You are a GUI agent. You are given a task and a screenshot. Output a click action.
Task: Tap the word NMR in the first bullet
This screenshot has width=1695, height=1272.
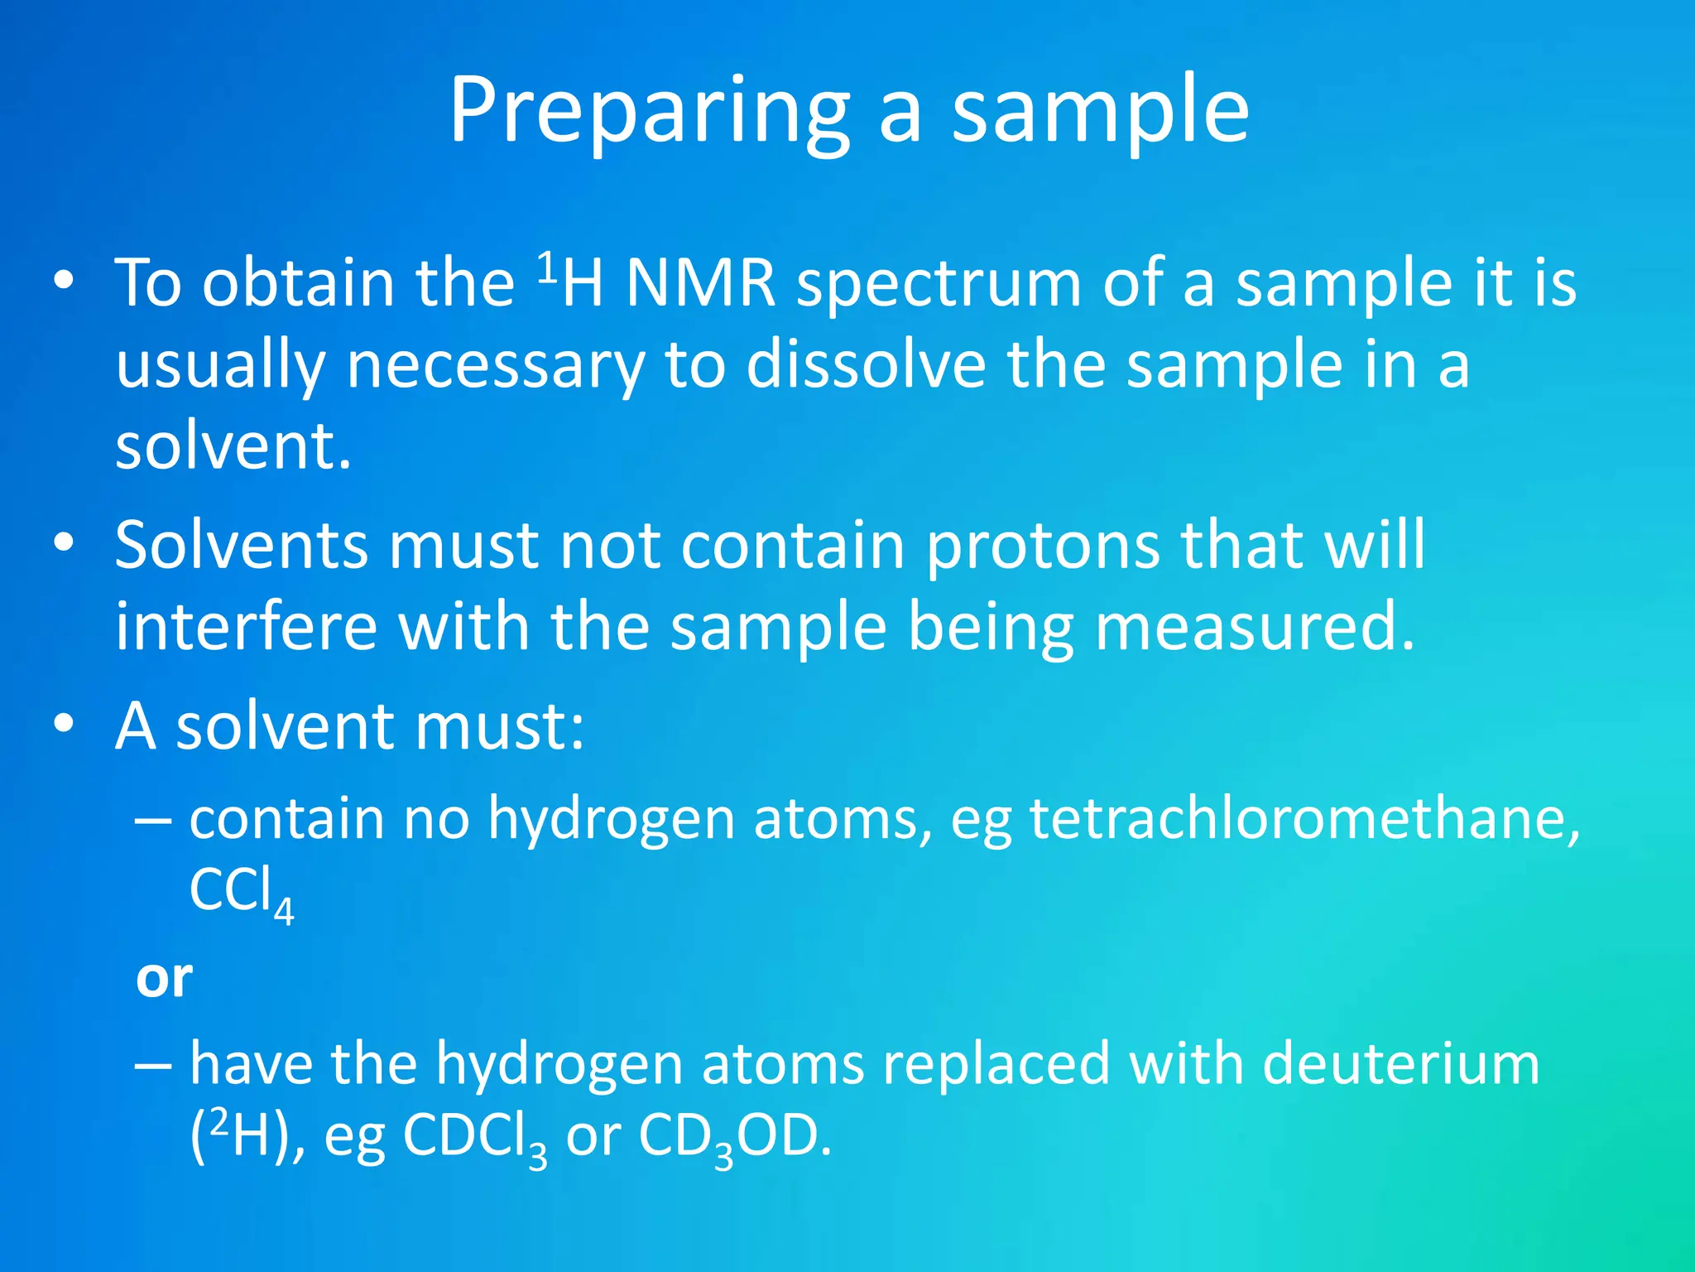[701, 284]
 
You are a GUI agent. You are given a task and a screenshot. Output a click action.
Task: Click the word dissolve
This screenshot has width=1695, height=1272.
[866, 365]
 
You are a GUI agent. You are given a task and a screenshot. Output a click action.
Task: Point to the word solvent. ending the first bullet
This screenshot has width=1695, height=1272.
[233, 446]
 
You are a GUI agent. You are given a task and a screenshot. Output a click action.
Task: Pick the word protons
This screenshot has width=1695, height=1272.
[1042, 547]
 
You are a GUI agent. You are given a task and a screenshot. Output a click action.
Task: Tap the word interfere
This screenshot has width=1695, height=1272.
[246, 626]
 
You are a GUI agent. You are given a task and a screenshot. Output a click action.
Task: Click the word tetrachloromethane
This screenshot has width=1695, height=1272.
[1304, 818]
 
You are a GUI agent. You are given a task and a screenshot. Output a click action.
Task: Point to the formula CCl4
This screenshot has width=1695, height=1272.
[241, 893]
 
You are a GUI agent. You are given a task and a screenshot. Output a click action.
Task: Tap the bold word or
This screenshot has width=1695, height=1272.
[164, 978]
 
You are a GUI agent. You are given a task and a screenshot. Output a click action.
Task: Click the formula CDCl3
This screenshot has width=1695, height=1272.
[474, 1137]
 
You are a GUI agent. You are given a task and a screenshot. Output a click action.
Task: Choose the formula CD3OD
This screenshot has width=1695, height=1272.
[733, 1137]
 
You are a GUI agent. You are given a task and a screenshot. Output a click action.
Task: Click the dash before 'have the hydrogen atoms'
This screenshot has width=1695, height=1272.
[153, 1063]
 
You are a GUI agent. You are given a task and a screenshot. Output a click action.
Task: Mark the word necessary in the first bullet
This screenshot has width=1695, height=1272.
[495, 365]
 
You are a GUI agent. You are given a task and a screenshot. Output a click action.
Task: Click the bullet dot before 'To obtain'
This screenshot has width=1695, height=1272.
[64, 282]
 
